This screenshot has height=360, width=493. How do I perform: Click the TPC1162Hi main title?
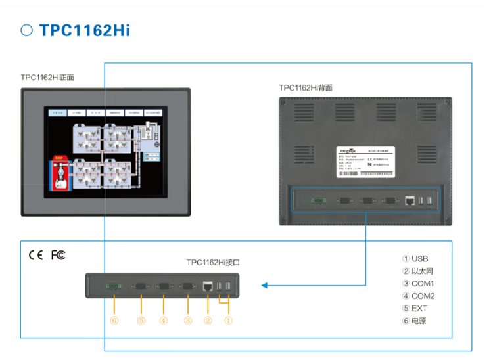click(84, 31)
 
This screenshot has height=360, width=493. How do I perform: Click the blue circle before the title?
click(27, 30)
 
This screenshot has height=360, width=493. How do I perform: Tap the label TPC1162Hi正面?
click(47, 78)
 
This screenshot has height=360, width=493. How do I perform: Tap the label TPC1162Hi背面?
click(306, 87)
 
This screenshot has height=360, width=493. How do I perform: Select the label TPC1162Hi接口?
click(213, 263)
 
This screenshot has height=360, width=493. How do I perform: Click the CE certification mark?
click(35, 255)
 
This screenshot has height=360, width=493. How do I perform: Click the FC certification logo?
click(58, 255)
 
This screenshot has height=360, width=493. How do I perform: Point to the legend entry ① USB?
click(415, 259)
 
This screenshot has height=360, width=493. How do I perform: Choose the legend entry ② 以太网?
click(417, 271)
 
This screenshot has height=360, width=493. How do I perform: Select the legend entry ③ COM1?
click(418, 284)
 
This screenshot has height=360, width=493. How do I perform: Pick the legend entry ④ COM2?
click(418, 296)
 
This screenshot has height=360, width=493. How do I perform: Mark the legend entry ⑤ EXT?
click(415, 309)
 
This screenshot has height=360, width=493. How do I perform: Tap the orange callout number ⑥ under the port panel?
click(114, 321)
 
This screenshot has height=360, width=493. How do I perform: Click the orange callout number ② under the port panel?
click(208, 321)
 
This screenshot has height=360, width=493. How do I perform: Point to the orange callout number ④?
click(163, 321)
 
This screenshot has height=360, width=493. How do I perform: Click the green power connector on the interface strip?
click(114, 286)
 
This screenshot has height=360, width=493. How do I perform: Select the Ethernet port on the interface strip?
click(208, 286)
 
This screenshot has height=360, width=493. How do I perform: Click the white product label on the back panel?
click(365, 161)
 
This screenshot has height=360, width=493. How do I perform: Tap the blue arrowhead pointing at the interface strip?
click(264, 285)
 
